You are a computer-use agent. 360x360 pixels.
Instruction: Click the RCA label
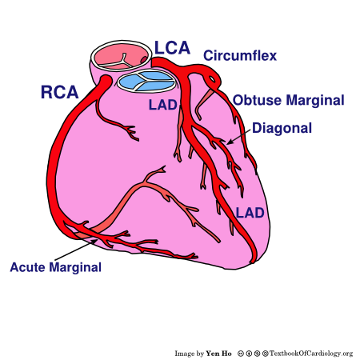tap(58, 92)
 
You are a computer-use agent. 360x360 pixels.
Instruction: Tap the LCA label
tap(172, 49)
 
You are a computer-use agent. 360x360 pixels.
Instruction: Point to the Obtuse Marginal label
tap(289, 100)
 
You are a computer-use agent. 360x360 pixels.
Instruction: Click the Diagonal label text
tap(281, 127)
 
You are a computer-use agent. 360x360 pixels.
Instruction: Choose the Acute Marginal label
tap(55, 267)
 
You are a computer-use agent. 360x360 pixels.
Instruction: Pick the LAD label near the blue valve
tap(159, 105)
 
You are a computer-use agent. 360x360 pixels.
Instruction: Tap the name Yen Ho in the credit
tap(219, 353)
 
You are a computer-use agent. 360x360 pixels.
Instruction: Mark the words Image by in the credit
tap(190, 353)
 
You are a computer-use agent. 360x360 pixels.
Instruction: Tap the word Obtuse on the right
tap(254, 100)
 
